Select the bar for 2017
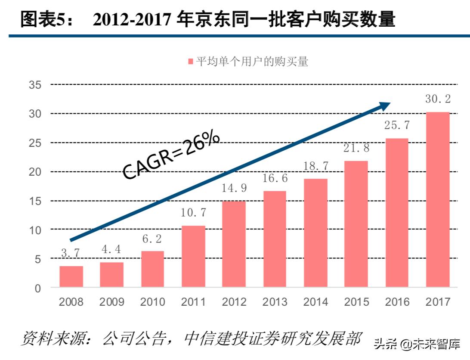[437, 200]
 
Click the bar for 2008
[71, 276]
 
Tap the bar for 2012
[234, 244]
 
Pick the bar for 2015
[356, 224]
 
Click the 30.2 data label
[437, 99]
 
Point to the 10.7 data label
[193, 212]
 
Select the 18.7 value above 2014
[315, 166]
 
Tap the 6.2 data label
[152, 238]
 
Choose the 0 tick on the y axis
[38, 288]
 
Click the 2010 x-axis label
[152, 302]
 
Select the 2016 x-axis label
[397, 302]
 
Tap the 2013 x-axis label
[275, 302]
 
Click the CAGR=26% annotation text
[171, 155]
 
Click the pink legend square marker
[191, 62]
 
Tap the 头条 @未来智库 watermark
[417, 344]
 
